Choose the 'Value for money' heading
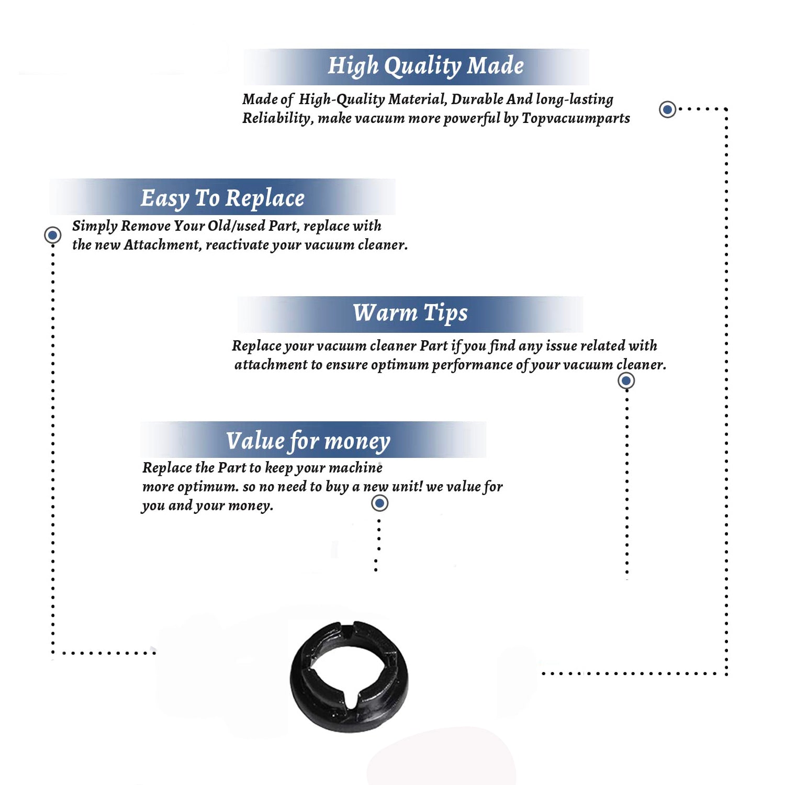308,441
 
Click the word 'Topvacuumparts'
576,118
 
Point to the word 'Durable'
477,99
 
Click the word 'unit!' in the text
408,486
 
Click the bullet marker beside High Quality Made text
667,109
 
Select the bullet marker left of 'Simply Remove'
52,235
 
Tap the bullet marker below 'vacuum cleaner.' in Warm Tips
626,380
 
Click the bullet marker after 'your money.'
379,503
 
